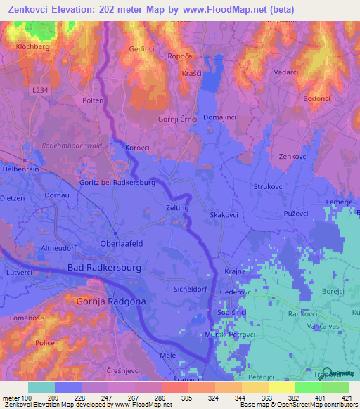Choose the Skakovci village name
tap(224, 214)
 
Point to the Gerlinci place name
tap(142, 49)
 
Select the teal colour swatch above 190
tap(41, 387)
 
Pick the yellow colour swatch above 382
tap(282, 387)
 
